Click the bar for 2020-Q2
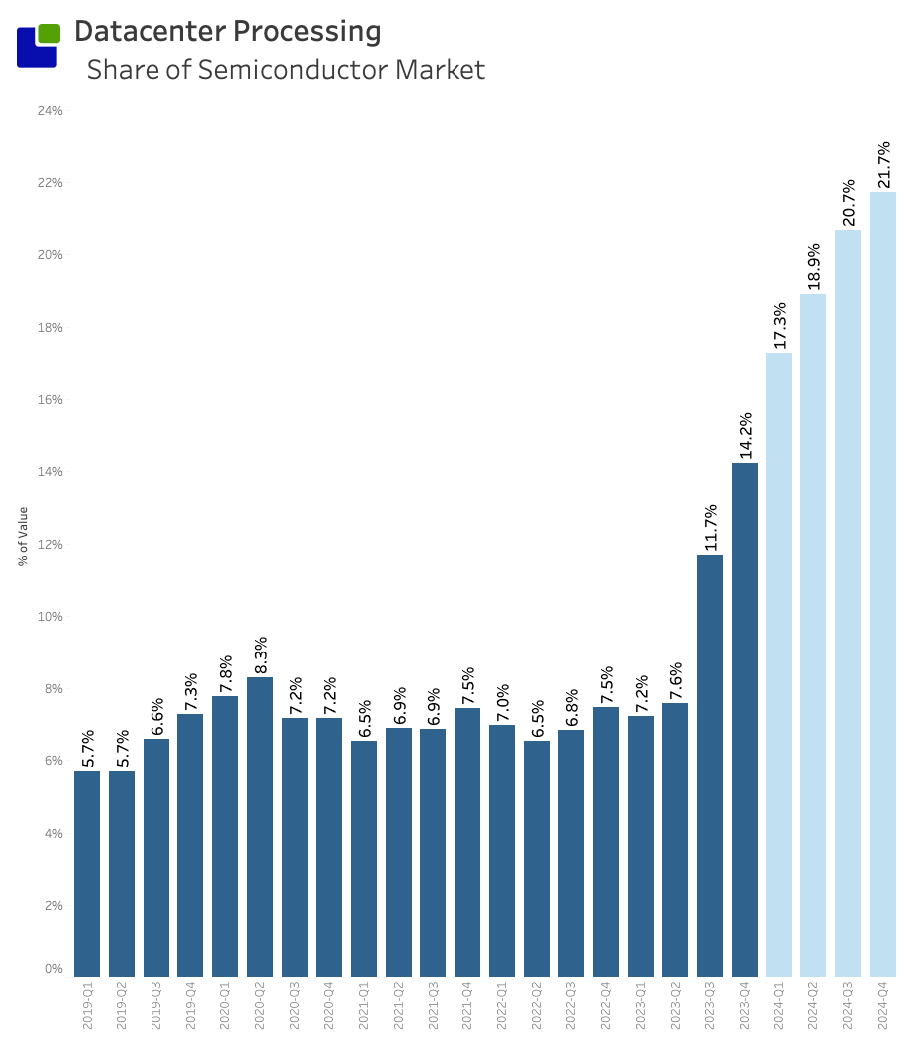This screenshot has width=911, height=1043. tap(260, 827)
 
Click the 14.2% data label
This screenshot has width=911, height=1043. tap(745, 435)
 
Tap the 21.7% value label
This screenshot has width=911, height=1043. tap(883, 165)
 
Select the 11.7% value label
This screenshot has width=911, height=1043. tap(710, 527)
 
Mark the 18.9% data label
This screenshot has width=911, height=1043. tap(813, 267)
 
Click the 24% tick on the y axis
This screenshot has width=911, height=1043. tap(50, 111)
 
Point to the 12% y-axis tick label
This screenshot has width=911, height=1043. tap(50, 544)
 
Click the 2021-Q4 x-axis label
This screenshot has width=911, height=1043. tap(467, 1008)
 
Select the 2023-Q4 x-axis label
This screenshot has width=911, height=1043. tap(745, 1008)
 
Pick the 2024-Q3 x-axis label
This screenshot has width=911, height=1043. tap(848, 1008)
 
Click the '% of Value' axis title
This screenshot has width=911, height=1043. tap(23, 536)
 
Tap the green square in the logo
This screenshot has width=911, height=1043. tap(49, 33)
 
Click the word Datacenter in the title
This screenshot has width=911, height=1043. tap(150, 32)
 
